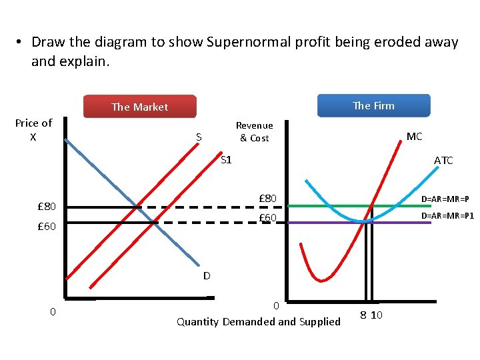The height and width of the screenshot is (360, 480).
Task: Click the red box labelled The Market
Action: click(139, 107)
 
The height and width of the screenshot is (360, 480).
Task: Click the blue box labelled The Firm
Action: click(373, 105)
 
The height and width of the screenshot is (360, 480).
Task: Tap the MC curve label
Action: click(414, 137)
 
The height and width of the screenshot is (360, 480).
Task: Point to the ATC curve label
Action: click(443, 160)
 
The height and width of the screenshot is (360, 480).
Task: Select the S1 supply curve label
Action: click(226, 160)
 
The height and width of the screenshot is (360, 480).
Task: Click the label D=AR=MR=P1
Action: click(447, 216)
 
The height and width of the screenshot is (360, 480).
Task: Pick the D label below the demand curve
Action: click(207, 275)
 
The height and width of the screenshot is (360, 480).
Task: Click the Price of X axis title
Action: click(33, 129)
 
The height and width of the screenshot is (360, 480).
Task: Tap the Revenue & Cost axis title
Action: click(254, 131)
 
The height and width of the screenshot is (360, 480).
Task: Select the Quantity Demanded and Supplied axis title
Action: click(258, 322)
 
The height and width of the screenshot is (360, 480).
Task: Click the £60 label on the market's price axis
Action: click(47, 227)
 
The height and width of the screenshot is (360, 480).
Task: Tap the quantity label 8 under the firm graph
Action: click(364, 315)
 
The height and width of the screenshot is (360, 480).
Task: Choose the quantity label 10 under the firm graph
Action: click(377, 315)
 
